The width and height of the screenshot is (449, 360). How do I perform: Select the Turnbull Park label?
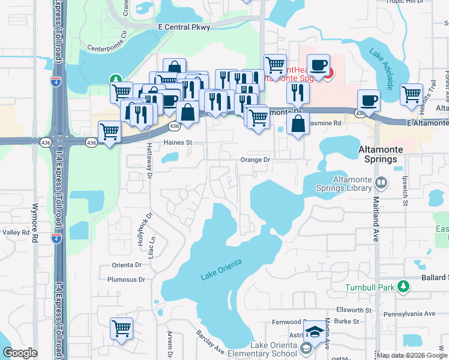[370, 287]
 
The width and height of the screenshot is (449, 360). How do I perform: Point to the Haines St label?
[177, 143]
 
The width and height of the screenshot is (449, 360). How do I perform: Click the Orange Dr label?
[256, 160]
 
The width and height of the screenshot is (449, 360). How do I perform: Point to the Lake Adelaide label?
[382, 70]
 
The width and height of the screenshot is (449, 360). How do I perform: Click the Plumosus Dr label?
[126, 280]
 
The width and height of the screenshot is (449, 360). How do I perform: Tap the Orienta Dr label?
[126, 265]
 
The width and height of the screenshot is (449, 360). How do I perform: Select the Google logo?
[20, 353]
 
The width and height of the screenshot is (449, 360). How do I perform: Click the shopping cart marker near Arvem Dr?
[121, 329]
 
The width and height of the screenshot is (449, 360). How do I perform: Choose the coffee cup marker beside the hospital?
[318, 64]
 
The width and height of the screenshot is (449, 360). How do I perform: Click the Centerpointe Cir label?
[108, 46]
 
